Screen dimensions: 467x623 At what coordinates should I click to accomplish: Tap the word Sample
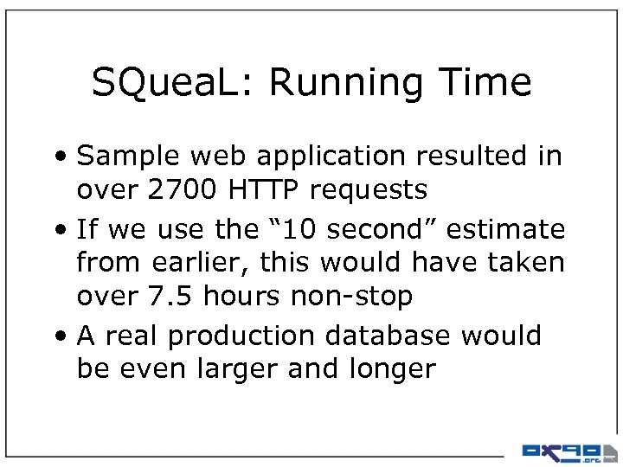pyautogui.click(x=125, y=157)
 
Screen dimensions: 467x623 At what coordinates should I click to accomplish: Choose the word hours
pyautogui.click(x=245, y=297)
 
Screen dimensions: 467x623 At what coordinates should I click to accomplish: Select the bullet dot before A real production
pyautogui.click(x=66, y=336)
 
